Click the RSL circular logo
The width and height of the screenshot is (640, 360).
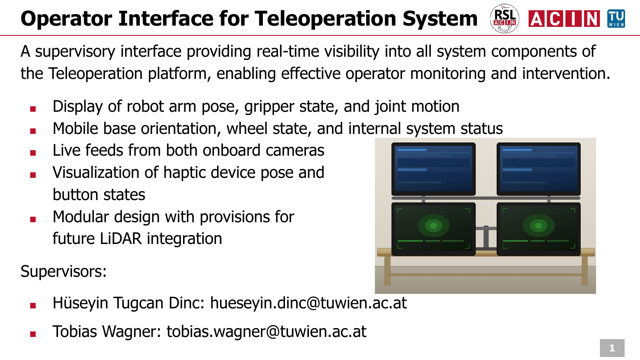tap(505, 19)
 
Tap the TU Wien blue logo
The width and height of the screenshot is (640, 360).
tap(616, 19)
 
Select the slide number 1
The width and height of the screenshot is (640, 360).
tap(612, 348)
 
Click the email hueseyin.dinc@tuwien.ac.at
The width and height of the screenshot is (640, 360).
tap(308, 303)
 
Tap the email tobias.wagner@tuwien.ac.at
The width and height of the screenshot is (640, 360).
tap(266, 331)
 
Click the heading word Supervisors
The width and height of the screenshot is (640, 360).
tap(62, 271)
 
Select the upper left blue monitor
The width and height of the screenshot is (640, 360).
tap(433, 169)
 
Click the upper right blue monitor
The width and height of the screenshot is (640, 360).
tap(538, 169)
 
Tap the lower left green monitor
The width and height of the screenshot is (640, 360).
tap(433, 229)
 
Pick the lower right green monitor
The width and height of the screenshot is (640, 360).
tap(538, 229)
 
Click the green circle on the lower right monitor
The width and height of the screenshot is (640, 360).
tap(538, 226)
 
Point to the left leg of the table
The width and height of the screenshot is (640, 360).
tap(387, 270)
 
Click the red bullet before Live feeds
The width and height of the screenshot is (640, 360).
tap(33, 153)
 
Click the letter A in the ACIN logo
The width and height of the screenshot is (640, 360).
tap(537, 19)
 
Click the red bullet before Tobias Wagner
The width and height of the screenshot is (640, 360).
tap(33, 334)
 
